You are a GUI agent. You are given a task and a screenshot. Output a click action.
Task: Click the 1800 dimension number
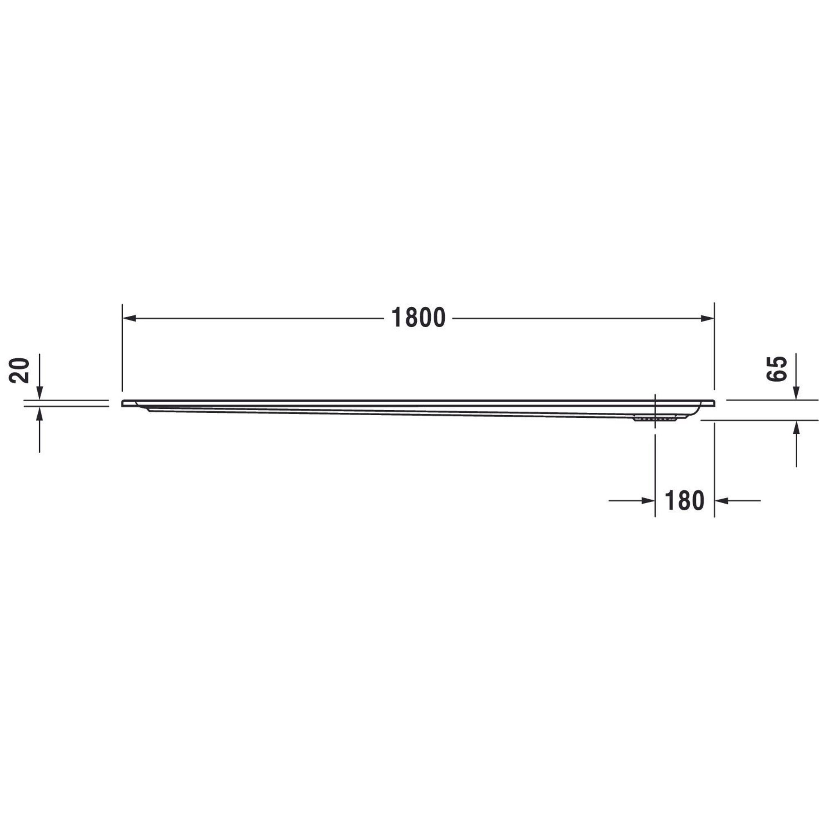click(x=418, y=318)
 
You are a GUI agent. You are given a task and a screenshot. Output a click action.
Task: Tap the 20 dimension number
click(x=20, y=371)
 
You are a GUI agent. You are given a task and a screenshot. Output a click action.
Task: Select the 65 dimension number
click(x=776, y=369)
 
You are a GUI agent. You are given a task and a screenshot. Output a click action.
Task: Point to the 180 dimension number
click(x=684, y=501)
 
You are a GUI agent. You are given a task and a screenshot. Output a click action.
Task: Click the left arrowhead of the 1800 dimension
click(x=129, y=318)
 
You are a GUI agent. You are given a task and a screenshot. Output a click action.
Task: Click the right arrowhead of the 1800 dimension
click(x=707, y=318)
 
